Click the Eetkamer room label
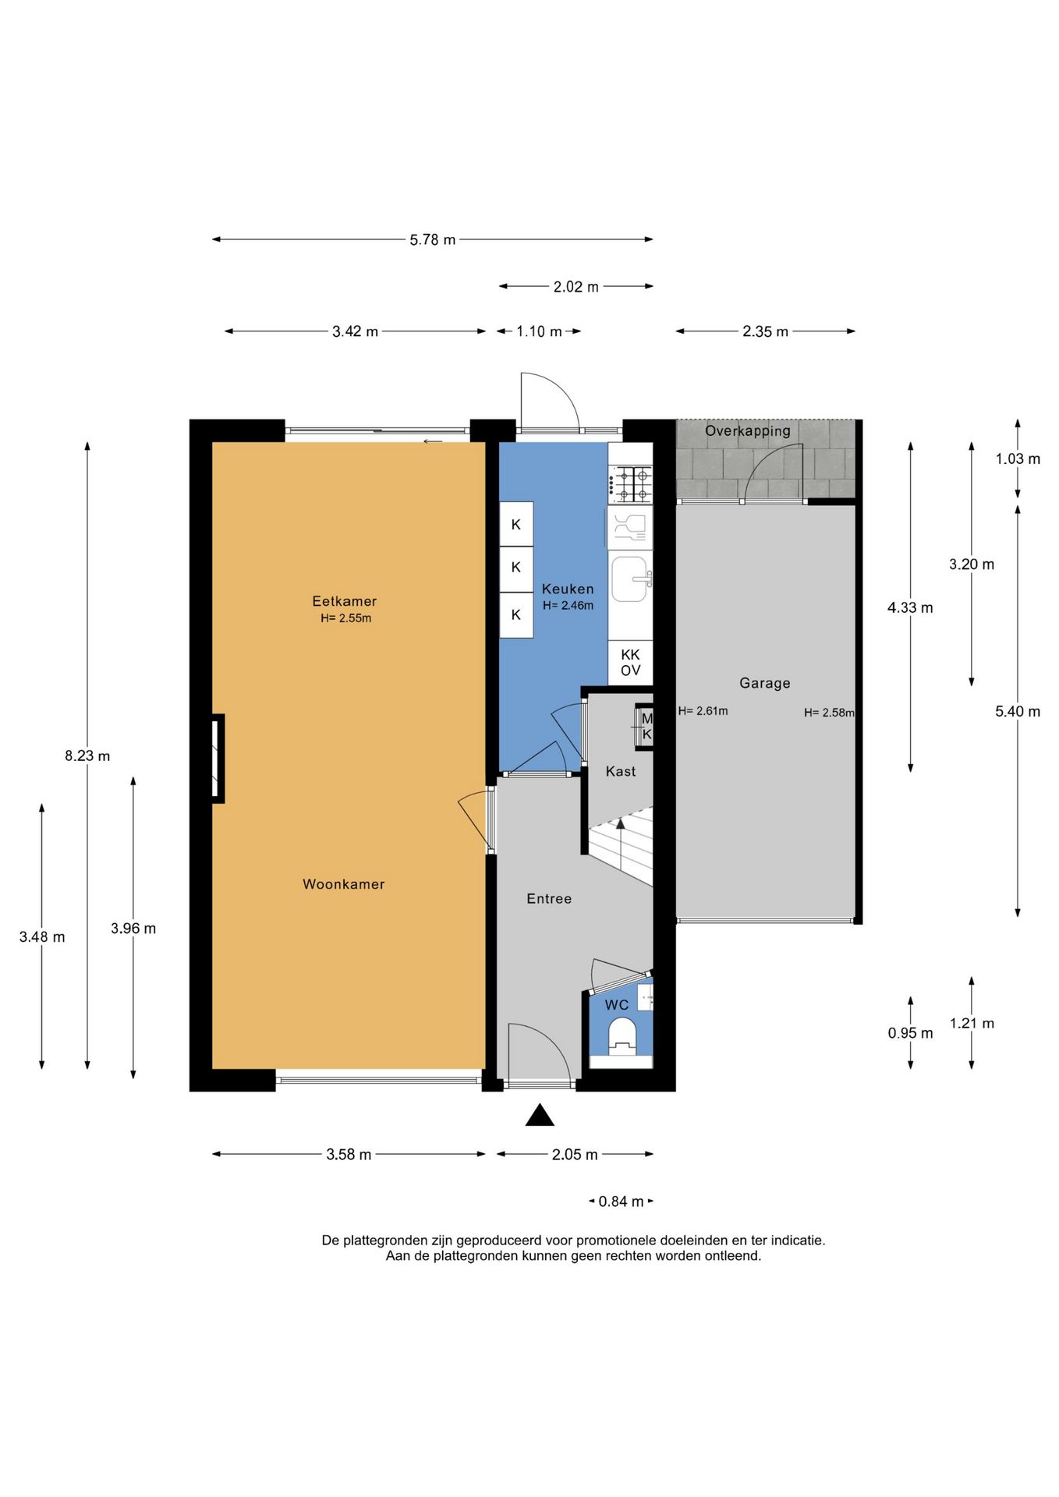coord(345,601)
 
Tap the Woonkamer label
coord(344,884)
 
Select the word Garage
coord(765,683)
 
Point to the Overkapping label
coord(748,430)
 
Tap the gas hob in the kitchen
coord(631,484)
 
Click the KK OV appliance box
coord(630,663)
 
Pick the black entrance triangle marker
coord(540,1116)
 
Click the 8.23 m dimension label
coord(87,756)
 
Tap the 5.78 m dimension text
coord(433,240)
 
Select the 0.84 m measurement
coord(622,1201)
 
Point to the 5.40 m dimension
coord(1018,711)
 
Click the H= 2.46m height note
coord(568,606)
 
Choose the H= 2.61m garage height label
coord(703,711)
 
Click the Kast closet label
coord(621,771)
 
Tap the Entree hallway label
coord(549,899)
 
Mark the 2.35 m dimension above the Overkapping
coord(765,331)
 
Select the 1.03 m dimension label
coord(1018,458)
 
